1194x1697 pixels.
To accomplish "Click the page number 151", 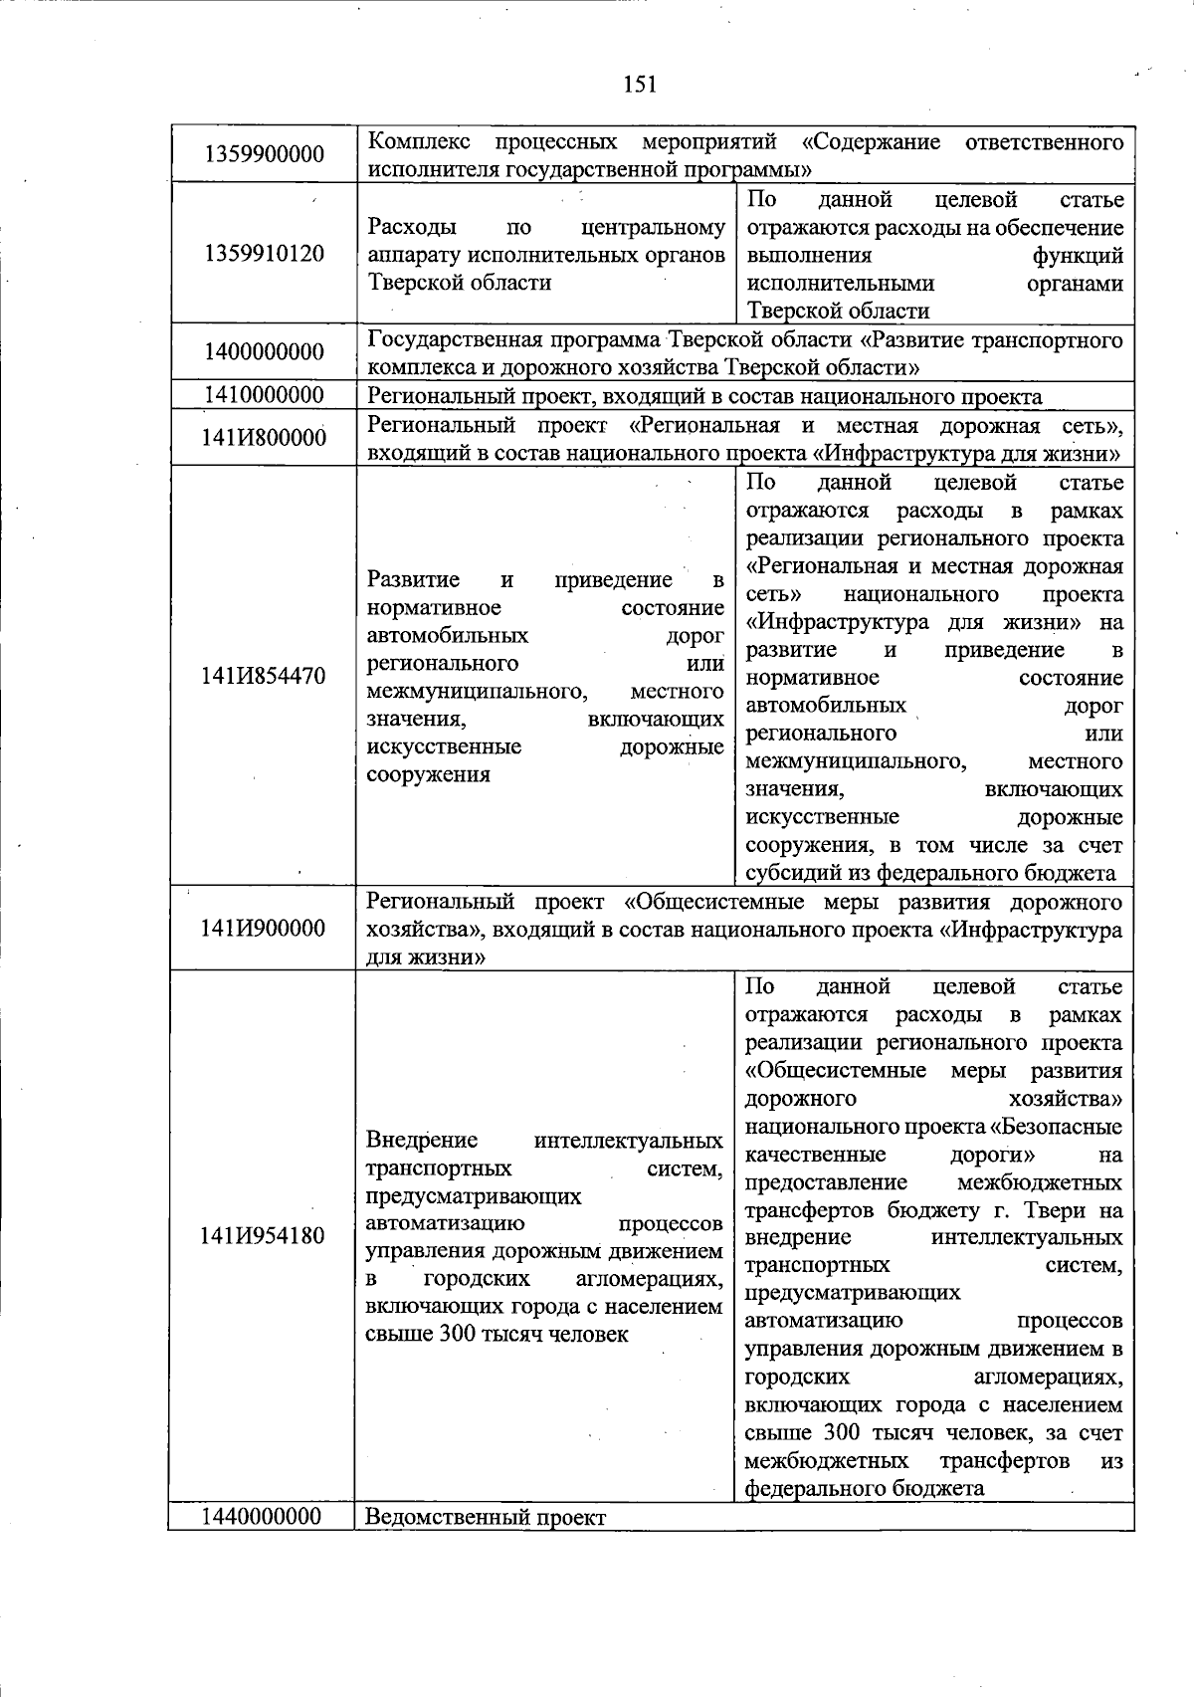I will pyautogui.click(x=640, y=85).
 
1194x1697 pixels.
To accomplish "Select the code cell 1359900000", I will pyautogui.click(x=264, y=154).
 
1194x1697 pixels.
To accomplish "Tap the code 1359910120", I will pyautogui.click(x=264, y=253).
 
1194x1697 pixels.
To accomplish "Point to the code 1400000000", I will pyautogui.click(x=264, y=352).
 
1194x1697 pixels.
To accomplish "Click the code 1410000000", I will pyautogui.click(x=264, y=395).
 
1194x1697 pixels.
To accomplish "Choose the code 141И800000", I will pyautogui.click(x=264, y=438).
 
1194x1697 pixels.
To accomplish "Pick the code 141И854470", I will pyautogui.click(x=264, y=677).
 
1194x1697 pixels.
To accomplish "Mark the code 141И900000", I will pyautogui.click(x=264, y=929).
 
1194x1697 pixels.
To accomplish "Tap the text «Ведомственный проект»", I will pyautogui.click(x=486, y=1518).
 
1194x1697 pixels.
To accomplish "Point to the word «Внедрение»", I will pyautogui.click(x=422, y=1140).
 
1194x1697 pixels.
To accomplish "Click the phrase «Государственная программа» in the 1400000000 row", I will pyautogui.click(x=513, y=340).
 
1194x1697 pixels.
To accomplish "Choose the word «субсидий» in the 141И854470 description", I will pyautogui.click(x=792, y=874).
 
